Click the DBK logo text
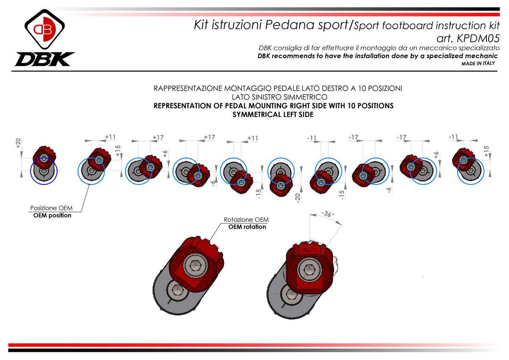pos(44,59)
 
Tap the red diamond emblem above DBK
pos(45,29)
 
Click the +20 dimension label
pos(18,143)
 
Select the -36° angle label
pos(328,214)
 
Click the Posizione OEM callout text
pos(51,208)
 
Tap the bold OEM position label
pos(52,215)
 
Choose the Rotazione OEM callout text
pos(246,220)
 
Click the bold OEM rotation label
pos(247,227)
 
